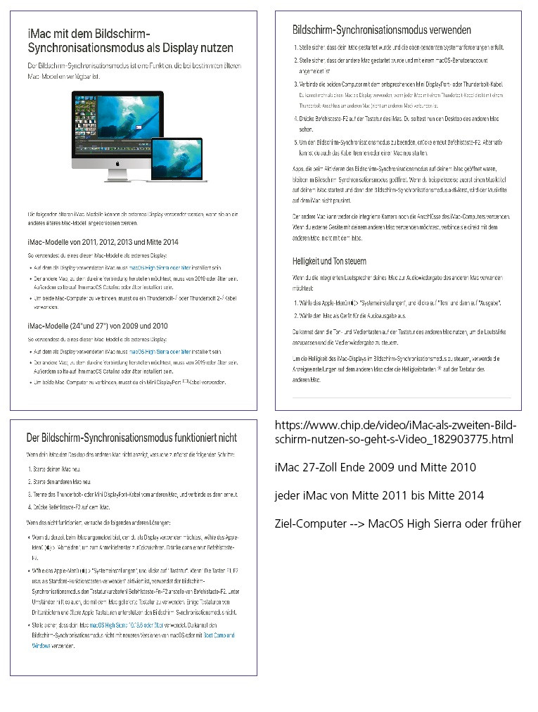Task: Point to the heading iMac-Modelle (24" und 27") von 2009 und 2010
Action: [97, 326]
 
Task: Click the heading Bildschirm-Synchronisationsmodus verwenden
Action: [382, 30]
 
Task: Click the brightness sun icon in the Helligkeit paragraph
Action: [440, 368]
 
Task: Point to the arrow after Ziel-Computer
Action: [353, 523]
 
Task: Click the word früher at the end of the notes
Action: [504, 523]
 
